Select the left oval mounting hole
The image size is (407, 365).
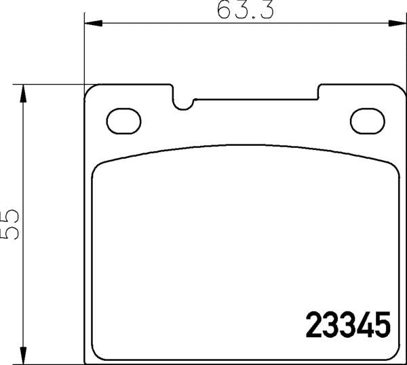click(x=122, y=119)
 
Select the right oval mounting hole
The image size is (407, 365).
click(x=367, y=119)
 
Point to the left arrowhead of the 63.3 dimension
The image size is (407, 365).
click(x=90, y=24)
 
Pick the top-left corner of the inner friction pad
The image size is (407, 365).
click(x=98, y=167)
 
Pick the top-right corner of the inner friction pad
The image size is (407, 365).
click(x=391, y=167)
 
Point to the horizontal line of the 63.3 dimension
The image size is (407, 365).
click(x=170, y=24)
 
